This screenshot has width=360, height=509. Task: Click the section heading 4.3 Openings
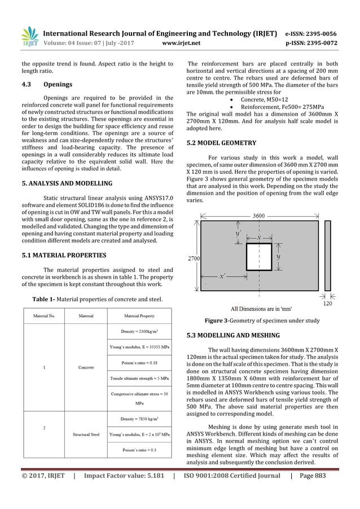click(x=43, y=85)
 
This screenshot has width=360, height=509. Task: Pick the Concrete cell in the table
click(x=86, y=367)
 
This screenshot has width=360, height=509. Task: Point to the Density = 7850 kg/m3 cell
click(x=139, y=419)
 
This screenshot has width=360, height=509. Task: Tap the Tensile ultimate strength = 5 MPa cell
click(x=139, y=378)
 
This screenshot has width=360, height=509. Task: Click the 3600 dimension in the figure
click(x=259, y=215)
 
